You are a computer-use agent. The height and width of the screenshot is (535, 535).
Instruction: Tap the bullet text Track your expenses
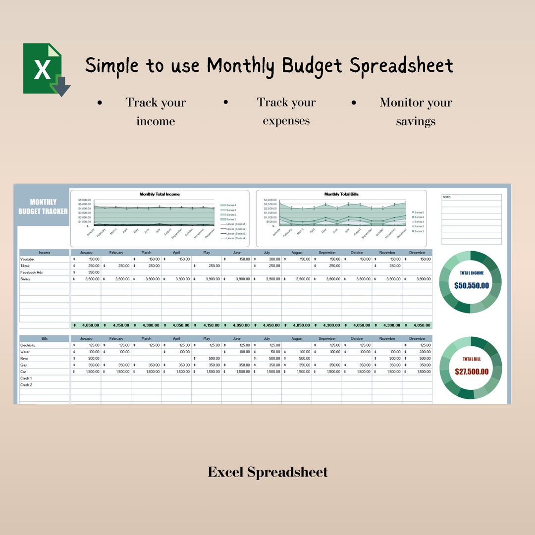[286, 111]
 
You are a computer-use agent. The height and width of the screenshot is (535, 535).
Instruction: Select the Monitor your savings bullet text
[416, 111]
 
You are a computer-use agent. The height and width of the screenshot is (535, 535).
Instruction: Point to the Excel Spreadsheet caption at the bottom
[267, 472]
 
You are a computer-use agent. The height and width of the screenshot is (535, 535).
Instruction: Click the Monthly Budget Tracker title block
[43, 207]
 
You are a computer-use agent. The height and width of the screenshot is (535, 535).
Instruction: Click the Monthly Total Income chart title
[160, 194]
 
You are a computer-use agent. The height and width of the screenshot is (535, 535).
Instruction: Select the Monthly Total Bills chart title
[341, 194]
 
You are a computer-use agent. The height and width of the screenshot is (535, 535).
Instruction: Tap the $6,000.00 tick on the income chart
[84, 200]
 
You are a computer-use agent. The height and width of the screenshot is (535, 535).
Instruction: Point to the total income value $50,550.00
[471, 286]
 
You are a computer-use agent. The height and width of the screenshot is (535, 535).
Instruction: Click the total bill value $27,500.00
[471, 372]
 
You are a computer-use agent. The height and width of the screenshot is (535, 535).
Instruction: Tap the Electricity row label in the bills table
[28, 345]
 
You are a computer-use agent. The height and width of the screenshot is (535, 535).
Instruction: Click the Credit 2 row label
[26, 385]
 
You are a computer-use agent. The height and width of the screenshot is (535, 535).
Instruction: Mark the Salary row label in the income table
[25, 279]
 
